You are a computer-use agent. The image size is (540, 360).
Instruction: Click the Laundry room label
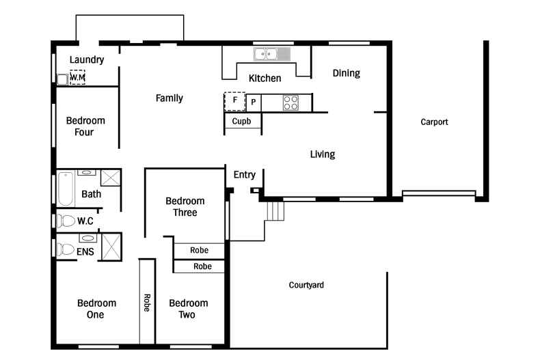(87, 59)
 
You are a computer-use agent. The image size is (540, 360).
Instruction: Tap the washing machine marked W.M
(77, 77)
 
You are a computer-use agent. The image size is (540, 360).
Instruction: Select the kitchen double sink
(265, 55)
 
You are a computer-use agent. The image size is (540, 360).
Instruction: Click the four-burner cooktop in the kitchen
(291, 102)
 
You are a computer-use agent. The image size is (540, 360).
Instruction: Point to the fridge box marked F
(235, 102)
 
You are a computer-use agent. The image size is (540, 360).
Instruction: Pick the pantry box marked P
(254, 102)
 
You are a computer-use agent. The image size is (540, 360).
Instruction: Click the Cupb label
(241, 121)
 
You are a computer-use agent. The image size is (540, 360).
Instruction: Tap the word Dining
(347, 73)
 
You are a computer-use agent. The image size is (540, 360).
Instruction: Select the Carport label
(434, 122)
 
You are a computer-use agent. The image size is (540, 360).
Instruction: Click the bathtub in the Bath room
(66, 189)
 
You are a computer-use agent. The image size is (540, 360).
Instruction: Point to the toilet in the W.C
(66, 221)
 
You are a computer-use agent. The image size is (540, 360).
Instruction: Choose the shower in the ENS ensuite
(111, 247)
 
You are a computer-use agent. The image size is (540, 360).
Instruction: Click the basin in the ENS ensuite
(87, 238)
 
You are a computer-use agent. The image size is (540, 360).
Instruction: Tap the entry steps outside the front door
(275, 211)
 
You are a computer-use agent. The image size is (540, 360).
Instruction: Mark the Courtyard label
(306, 285)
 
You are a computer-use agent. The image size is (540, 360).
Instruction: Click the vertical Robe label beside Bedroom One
(147, 303)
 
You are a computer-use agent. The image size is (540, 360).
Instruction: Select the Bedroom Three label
(185, 206)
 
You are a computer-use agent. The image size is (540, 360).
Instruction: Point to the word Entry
(245, 175)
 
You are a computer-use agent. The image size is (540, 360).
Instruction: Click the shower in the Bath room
(111, 178)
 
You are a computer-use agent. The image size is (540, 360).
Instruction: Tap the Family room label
(169, 98)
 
